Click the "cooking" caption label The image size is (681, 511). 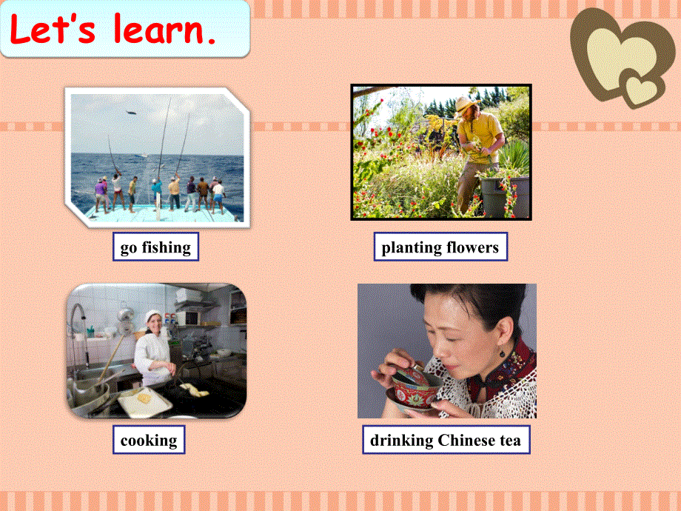point(149,441)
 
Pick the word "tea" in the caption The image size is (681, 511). point(509,441)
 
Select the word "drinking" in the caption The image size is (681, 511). point(402,441)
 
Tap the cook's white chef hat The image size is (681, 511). point(153,315)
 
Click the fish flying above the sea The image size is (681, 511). point(131,112)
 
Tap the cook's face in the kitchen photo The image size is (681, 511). point(156,327)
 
